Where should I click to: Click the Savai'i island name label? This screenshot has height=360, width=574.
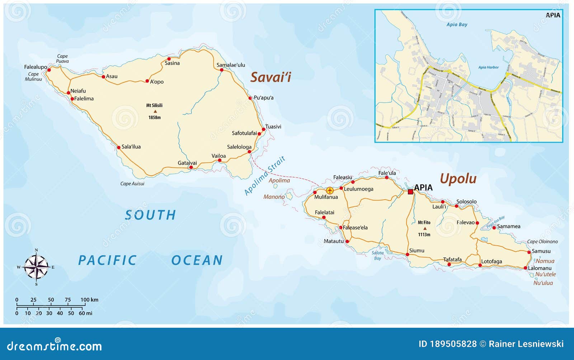(270, 77)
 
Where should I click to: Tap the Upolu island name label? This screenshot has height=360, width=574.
(458, 178)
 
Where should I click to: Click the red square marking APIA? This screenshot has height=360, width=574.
(410, 192)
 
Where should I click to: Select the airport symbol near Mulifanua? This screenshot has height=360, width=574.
(330, 190)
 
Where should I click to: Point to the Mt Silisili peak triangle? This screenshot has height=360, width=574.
(155, 112)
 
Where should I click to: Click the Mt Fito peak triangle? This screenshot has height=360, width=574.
(425, 228)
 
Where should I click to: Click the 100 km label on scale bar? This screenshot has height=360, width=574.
(89, 300)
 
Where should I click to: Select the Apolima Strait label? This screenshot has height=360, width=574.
(265, 176)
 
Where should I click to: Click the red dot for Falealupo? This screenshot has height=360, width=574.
(49, 70)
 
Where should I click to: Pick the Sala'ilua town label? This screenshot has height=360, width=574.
(131, 147)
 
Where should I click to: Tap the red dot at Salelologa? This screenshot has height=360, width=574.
(249, 152)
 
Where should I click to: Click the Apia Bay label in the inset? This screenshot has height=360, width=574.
(457, 24)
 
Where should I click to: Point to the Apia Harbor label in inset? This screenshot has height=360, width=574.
(488, 67)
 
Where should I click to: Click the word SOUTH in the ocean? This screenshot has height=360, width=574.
(150, 215)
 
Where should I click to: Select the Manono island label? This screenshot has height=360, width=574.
(274, 197)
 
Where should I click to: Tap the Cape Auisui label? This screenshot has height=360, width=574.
(132, 184)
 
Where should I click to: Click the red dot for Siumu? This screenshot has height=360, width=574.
(407, 255)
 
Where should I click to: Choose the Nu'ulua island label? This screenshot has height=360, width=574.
(543, 283)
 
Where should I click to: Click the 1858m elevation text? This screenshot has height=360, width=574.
(155, 118)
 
